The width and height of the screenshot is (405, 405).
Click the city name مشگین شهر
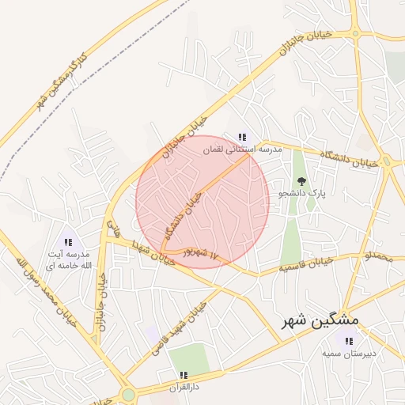pos(320,321)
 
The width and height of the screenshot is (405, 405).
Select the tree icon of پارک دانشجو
pos(301,181)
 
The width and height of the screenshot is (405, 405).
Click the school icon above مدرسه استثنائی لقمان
pos(242,136)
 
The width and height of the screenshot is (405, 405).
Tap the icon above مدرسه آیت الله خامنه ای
pos(68,242)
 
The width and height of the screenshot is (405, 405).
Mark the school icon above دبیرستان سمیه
pos(346,340)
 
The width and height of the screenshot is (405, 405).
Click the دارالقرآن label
pos(184,388)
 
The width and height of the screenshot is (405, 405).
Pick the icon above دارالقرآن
pos(184,375)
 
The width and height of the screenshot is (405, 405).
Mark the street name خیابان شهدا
pos(148,251)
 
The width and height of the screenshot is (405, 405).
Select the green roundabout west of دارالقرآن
pos(128,394)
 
